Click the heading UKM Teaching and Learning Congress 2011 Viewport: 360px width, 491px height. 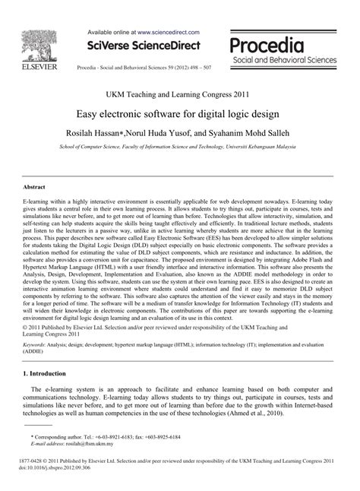(x=180, y=95)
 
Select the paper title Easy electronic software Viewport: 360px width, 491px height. (x=180, y=113)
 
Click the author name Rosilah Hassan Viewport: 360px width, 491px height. (x=99, y=132)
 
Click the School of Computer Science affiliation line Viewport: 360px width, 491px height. (x=180, y=145)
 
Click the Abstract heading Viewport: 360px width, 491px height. (x=35, y=185)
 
